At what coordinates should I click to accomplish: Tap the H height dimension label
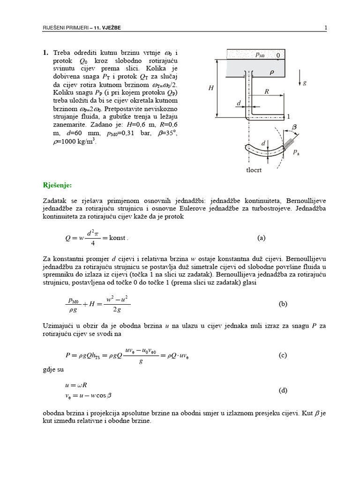pyautogui.click(x=211, y=88)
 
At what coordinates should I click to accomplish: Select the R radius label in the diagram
pyautogui.click(x=266, y=92)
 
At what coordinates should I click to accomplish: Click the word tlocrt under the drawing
pyautogui.click(x=254, y=171)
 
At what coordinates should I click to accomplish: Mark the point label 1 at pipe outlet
pyautogui.click(x=289, y=116)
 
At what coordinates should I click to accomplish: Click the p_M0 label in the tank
pyautogui.click(x=260, y=55)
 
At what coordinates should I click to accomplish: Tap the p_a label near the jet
pyautogui.click(x=296, y=152)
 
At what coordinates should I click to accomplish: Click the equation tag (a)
pyautogui.click(x=262, y=238)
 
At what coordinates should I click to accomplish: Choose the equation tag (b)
pyautogui.click(x=283, y=304)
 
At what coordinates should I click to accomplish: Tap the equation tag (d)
pyautogui.click(x=283, y=390)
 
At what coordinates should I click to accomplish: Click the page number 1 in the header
pyautogui.click(x=325, y=28)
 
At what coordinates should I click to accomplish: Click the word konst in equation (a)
pyautogui.click(x=118, y=238)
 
